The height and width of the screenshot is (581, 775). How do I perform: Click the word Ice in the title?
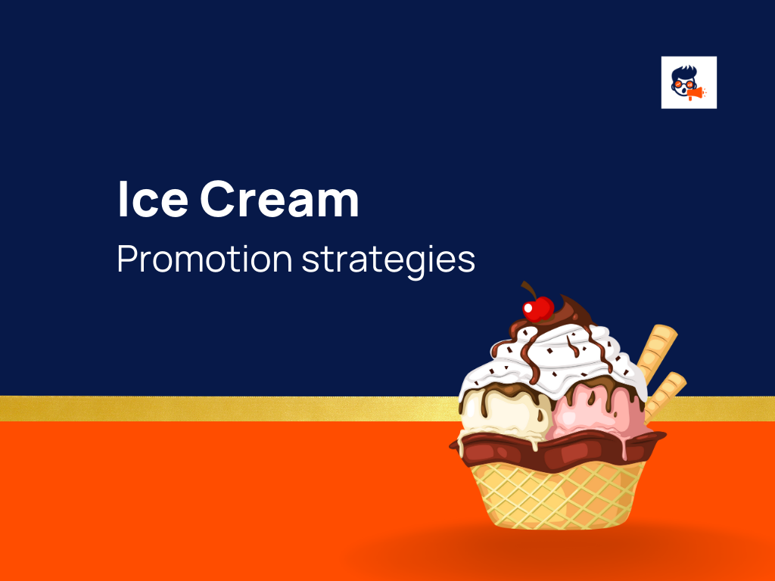click(x=151, y=201)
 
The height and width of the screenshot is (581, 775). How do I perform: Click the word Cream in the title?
click(x=279, y=201)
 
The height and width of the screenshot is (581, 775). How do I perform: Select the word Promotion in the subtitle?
click(x=204, y=260)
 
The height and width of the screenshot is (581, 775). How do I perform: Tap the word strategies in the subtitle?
click(x=388, y=262)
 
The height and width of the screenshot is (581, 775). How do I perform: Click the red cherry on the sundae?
click(x=539, y=309)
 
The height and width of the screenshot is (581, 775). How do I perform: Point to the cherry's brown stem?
click(x=528, y=291)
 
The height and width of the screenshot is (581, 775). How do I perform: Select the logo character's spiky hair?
click(x=683, y=72)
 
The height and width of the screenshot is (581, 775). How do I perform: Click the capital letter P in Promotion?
click(x=127, y=260)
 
